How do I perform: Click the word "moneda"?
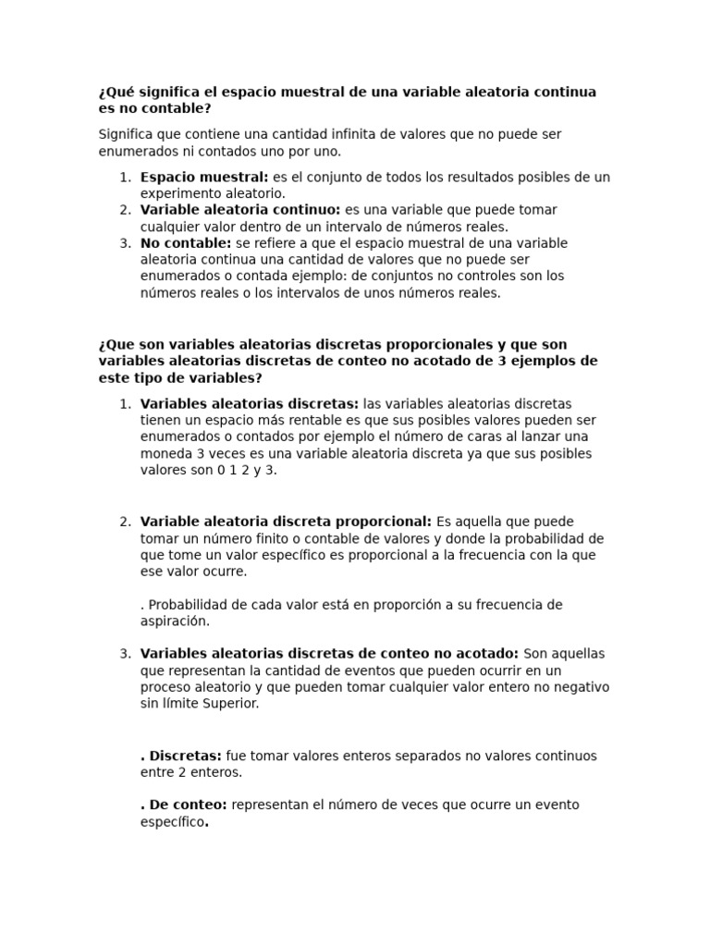165,454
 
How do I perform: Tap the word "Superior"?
228,704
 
